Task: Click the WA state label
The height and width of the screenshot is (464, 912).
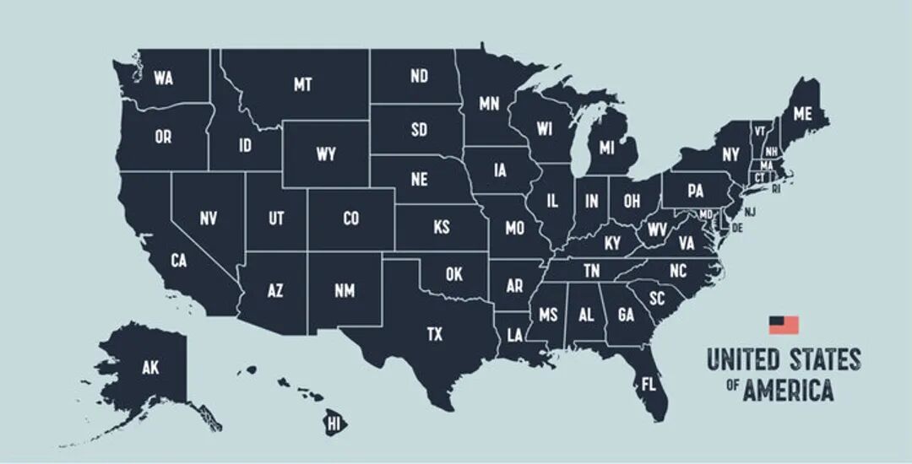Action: [x=163, y=78]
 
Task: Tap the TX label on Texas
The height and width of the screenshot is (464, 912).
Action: [x=434, y=335]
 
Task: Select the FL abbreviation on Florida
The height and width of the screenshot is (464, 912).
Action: [x=649, y=385]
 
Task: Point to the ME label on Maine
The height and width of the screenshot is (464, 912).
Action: [x=802, y=114]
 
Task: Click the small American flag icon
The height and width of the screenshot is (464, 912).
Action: [x=783, y=325]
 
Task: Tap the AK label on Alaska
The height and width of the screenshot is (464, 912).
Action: [x=150, y=367]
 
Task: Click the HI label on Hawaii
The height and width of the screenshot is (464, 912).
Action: [x=334, y=423]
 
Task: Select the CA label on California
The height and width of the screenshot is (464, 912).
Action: [x=178, y=261]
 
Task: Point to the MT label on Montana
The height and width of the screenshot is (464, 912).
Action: [x=302, y=84]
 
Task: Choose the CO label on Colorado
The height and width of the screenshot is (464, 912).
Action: [x=351, y=219]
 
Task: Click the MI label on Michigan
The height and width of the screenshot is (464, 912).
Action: [x=606, y=148]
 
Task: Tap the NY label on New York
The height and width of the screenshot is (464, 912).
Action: [x=730, y=155]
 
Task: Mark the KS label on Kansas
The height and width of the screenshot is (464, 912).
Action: [x=442, y=228]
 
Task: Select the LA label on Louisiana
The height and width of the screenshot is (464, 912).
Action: [x=513, y=335]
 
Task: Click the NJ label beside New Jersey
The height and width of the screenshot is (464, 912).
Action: [x=750, y=212]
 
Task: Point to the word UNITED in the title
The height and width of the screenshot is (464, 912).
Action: [x=742, y=359]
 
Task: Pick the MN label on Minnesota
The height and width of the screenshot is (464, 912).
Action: [x=489, y=104]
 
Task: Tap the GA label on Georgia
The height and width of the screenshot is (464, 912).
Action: [x=626, y=315]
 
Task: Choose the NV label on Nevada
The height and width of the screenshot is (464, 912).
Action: [x=209, y=219]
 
